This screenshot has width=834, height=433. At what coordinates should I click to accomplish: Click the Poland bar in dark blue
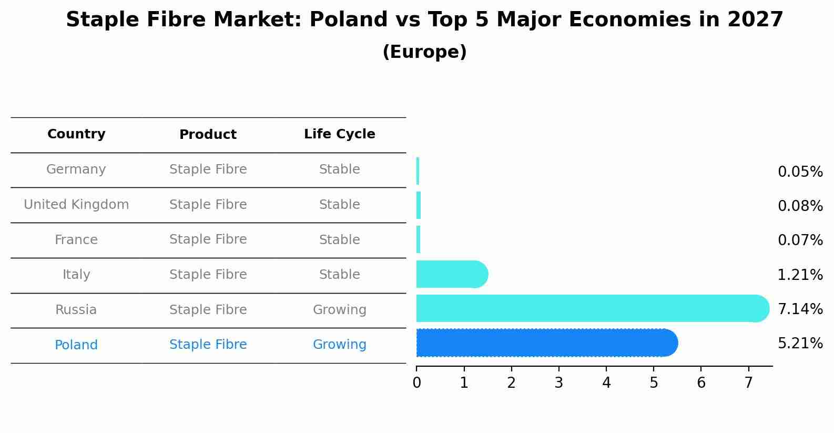tap(547, 343)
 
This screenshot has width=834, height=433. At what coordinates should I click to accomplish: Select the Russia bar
tap(592, 308)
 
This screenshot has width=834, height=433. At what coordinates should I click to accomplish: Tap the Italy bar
tap(451, 274)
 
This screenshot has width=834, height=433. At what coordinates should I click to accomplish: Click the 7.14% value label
tap(800, 309)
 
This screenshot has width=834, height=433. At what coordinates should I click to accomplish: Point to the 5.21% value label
tap(800, 344)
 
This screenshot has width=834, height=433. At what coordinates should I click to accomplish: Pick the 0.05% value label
tap(800, 172)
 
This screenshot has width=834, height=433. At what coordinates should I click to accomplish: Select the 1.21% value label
tap(800, 275)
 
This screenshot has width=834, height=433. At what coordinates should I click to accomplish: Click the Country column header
tap(76, 134)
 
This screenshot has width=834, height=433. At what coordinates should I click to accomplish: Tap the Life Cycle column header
tap(339, 134)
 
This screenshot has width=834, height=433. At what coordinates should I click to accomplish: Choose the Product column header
tap(208, 135)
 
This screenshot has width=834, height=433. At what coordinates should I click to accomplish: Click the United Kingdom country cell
tap(76, 205)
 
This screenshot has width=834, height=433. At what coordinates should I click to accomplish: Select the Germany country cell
tap(76, 169)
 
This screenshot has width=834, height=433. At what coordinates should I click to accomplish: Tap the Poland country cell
tap(76, 345)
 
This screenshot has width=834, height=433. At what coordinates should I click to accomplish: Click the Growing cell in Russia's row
tap(339, 310)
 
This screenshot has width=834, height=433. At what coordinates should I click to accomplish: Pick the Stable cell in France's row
tap(339, 240)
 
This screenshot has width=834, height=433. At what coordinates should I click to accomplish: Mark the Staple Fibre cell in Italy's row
tap(208, 275)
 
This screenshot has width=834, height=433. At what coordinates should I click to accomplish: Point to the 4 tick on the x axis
tap(606, 383)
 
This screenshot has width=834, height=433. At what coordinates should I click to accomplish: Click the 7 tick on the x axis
tap(748, 383)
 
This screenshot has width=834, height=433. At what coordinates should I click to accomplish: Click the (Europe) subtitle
tap(424, 52)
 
